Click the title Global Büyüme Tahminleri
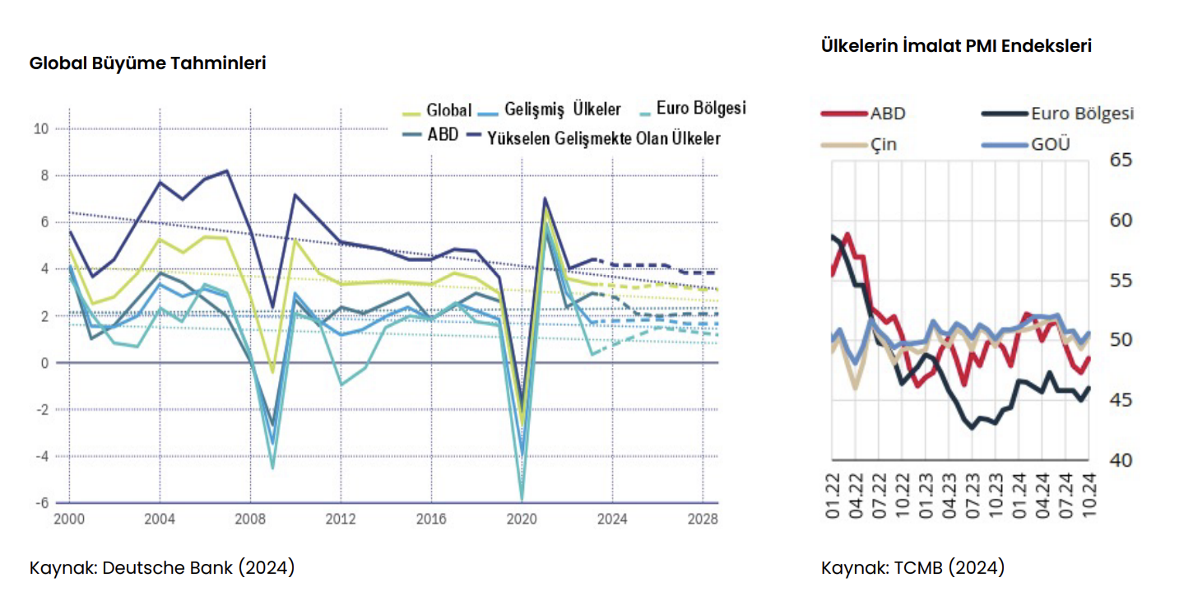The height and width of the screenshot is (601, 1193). (x=147, y=63)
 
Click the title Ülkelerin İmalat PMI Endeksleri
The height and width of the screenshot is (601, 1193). (x=956, y=46)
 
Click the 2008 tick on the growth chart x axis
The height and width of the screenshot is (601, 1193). (x=250, y=519)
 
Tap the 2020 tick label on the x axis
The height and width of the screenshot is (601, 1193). (x=522, y=519)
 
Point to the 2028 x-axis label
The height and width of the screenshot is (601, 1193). (x=702, y=519)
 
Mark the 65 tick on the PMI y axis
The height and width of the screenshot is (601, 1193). (x=1121, y=160)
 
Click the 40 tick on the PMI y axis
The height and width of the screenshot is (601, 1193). (x=1121, y=460)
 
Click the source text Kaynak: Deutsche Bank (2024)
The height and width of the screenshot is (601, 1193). (x=162, y=568)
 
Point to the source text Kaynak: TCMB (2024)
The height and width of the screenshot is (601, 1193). (x=912, y=568)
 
